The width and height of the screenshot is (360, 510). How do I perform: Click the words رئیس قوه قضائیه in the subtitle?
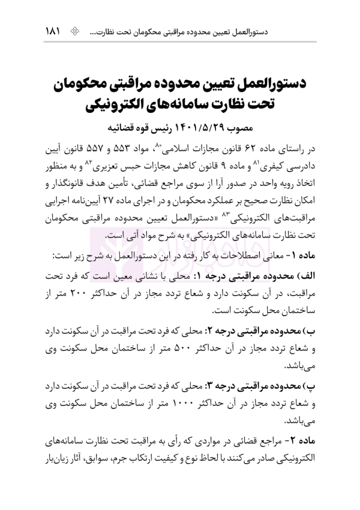(134, 127)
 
